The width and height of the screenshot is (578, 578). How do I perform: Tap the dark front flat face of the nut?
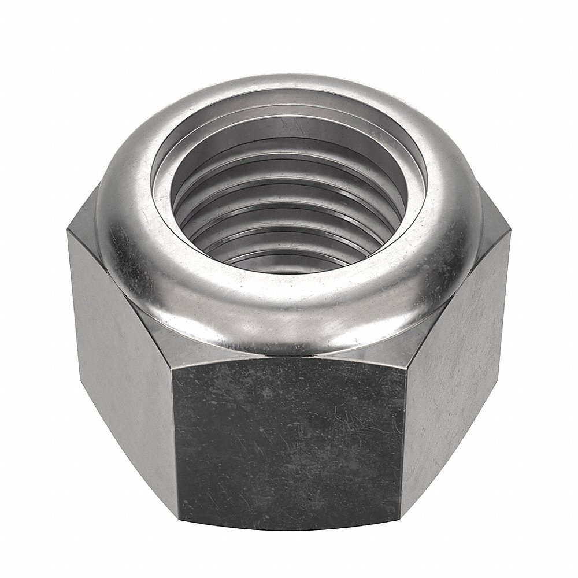289,439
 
